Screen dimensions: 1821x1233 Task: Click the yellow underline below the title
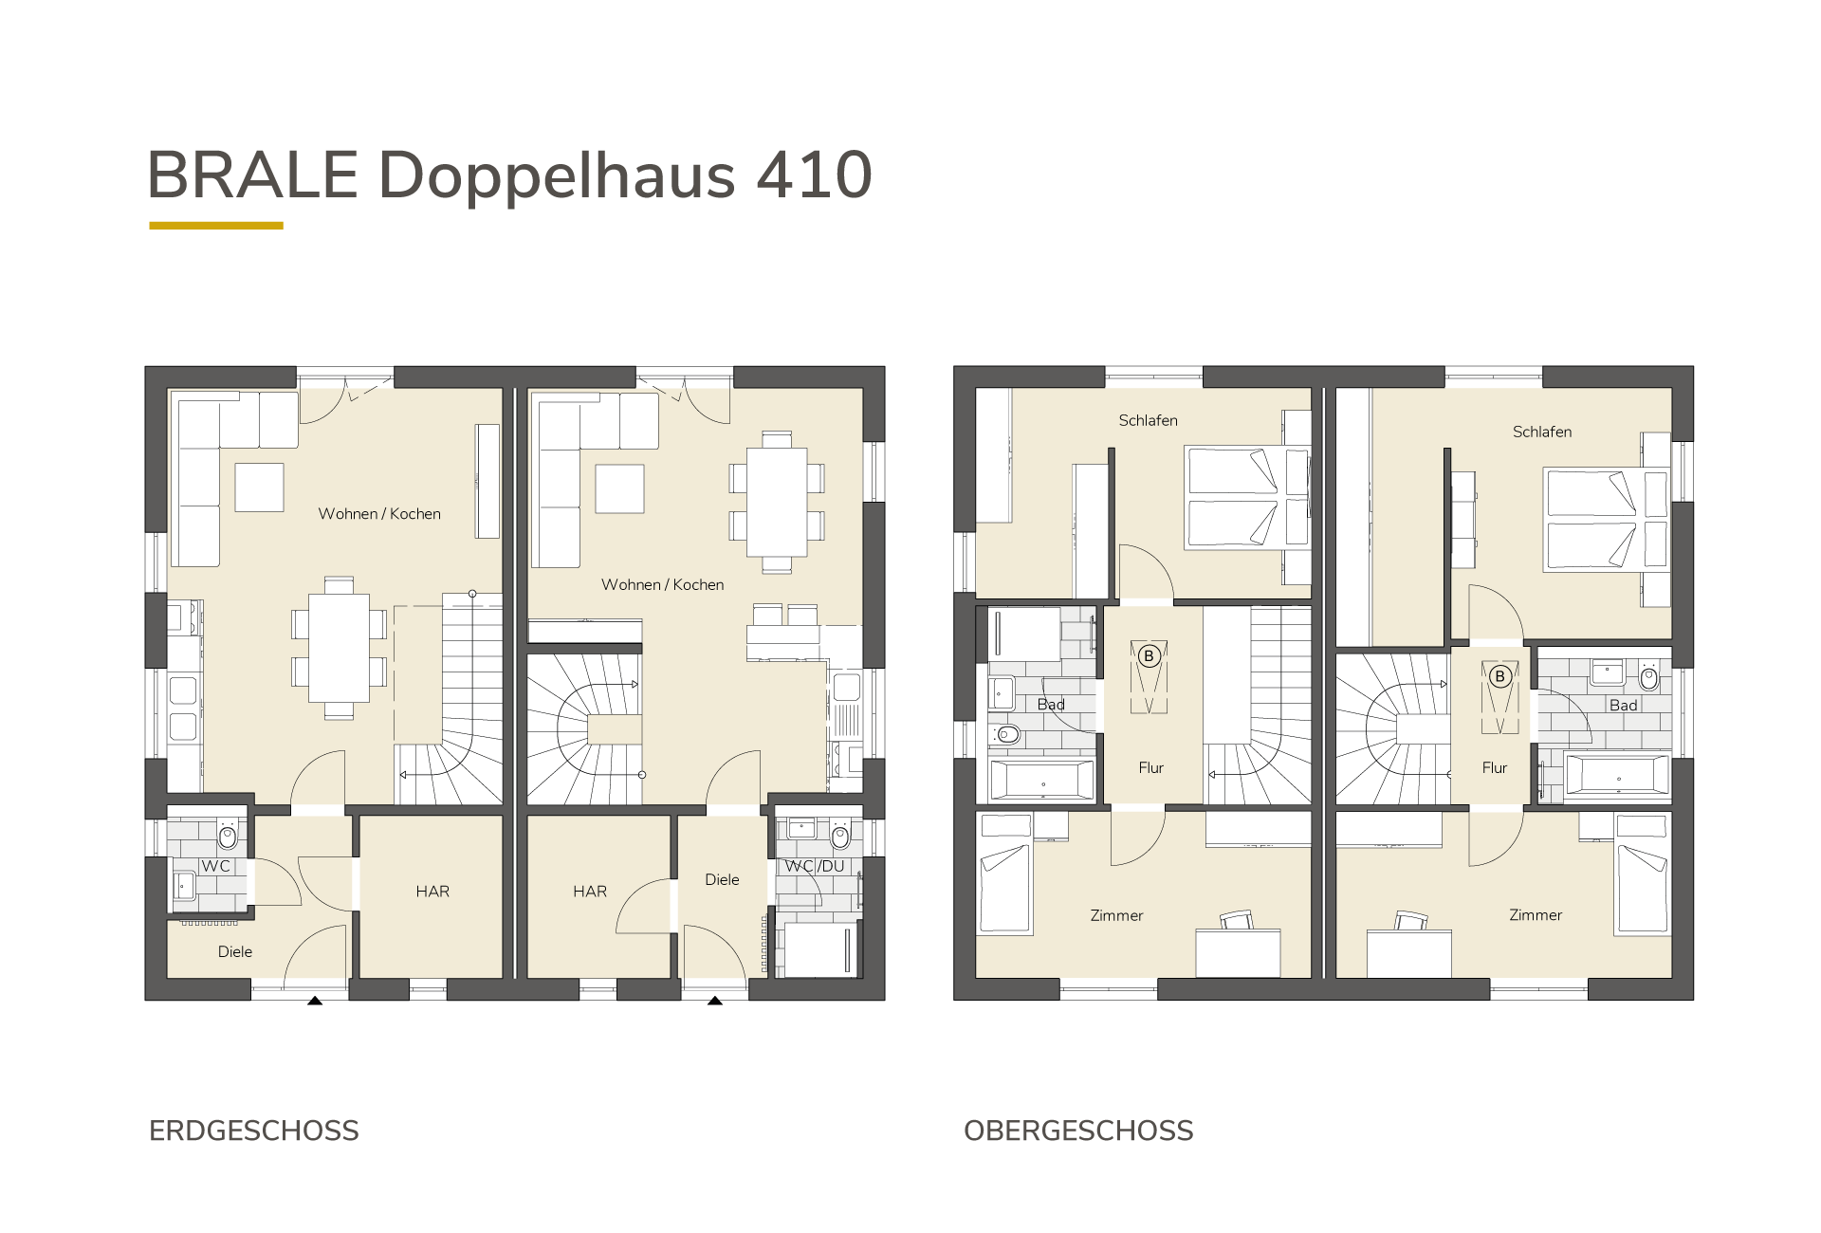216,226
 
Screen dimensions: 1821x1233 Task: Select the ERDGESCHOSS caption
254,1131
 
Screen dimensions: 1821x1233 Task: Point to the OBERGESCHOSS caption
1078,1131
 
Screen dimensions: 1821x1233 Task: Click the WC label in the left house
215,866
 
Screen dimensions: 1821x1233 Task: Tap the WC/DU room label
814,866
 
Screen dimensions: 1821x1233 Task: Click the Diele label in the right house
722,879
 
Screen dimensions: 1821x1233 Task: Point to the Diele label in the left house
235,951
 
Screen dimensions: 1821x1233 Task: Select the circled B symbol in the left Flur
1150,655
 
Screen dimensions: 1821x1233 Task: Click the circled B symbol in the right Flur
1500,676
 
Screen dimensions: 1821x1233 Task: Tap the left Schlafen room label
1148,420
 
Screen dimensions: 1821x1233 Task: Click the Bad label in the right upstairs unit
1623,705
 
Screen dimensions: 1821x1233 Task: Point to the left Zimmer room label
1116,915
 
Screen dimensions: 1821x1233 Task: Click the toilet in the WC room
227,837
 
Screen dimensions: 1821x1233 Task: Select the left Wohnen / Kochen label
379,513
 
